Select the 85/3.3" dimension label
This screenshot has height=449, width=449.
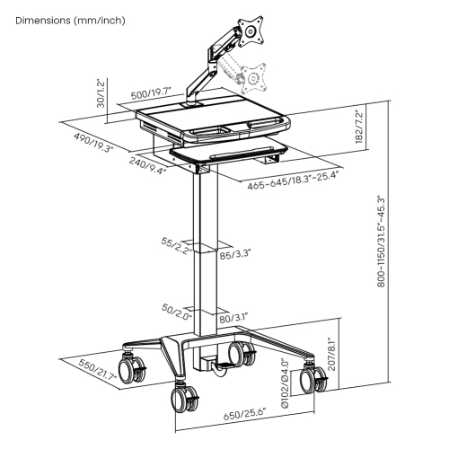click(235, 255)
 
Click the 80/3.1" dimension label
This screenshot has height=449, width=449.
click(234, 318)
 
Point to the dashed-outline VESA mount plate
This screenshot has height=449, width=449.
click(255, 77)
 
